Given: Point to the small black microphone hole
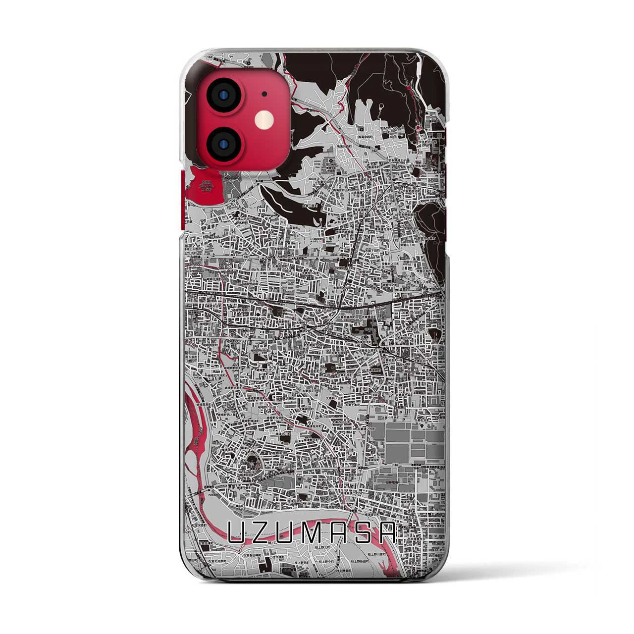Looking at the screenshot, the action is point(264,94).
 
